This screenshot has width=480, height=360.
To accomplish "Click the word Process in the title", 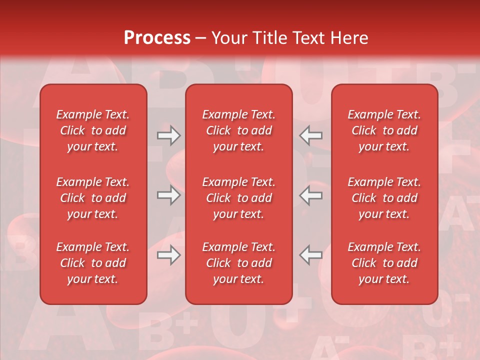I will coord(157,38).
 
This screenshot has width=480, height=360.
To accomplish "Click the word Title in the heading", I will coord(268,38).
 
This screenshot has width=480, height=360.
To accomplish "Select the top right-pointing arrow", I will coord(168,135).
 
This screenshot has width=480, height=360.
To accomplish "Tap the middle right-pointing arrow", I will coord(168,195).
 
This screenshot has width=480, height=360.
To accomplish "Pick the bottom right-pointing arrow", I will coord(168,255).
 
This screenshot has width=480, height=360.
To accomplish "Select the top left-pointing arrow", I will coord(311,135).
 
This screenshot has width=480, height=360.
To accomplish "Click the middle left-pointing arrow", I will coord(311,195).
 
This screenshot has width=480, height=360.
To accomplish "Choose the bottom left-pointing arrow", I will coord(311,255).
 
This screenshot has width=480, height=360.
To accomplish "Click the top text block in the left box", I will coord(93,130).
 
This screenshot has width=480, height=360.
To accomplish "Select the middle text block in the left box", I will coord(93,198).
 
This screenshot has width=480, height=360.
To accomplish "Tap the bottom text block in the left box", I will coord(93,263).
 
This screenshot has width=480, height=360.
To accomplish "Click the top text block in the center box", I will coord(239,130).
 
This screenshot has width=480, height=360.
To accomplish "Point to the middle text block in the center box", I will coord(239,198).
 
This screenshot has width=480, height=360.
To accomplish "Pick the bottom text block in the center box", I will coord(239,263).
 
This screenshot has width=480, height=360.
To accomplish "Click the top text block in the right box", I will coord(384,130).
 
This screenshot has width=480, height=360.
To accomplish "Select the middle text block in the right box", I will coord(384,198).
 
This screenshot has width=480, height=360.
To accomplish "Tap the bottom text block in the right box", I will coord(384,263).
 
